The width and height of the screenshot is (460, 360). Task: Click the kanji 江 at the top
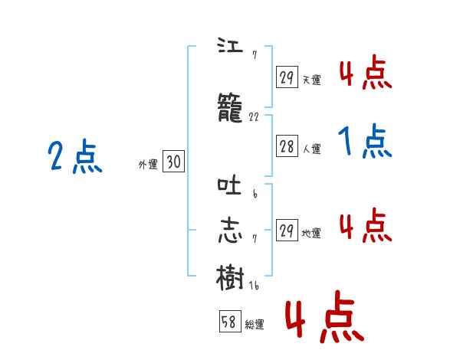(x=230, y=45)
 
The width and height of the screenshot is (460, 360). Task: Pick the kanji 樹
(x=231, y=274)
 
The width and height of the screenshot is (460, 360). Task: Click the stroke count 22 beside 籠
(x=255, y=117)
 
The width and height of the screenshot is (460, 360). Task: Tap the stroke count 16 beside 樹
(x=255, y=285)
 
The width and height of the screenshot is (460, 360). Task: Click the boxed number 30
(x=173, y=162)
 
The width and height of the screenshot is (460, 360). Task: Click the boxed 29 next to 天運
(x=287, y=77)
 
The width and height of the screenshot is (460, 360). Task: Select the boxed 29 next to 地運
(x=287, y=231)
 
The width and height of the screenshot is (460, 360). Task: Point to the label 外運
(x=147, y=164)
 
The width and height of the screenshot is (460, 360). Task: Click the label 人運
(x=311, y=149)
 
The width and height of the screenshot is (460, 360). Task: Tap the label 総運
(x=255, y=325)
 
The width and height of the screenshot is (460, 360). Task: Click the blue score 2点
(x=74, y=158)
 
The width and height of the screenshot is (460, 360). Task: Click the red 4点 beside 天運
(x=366, y=74)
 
